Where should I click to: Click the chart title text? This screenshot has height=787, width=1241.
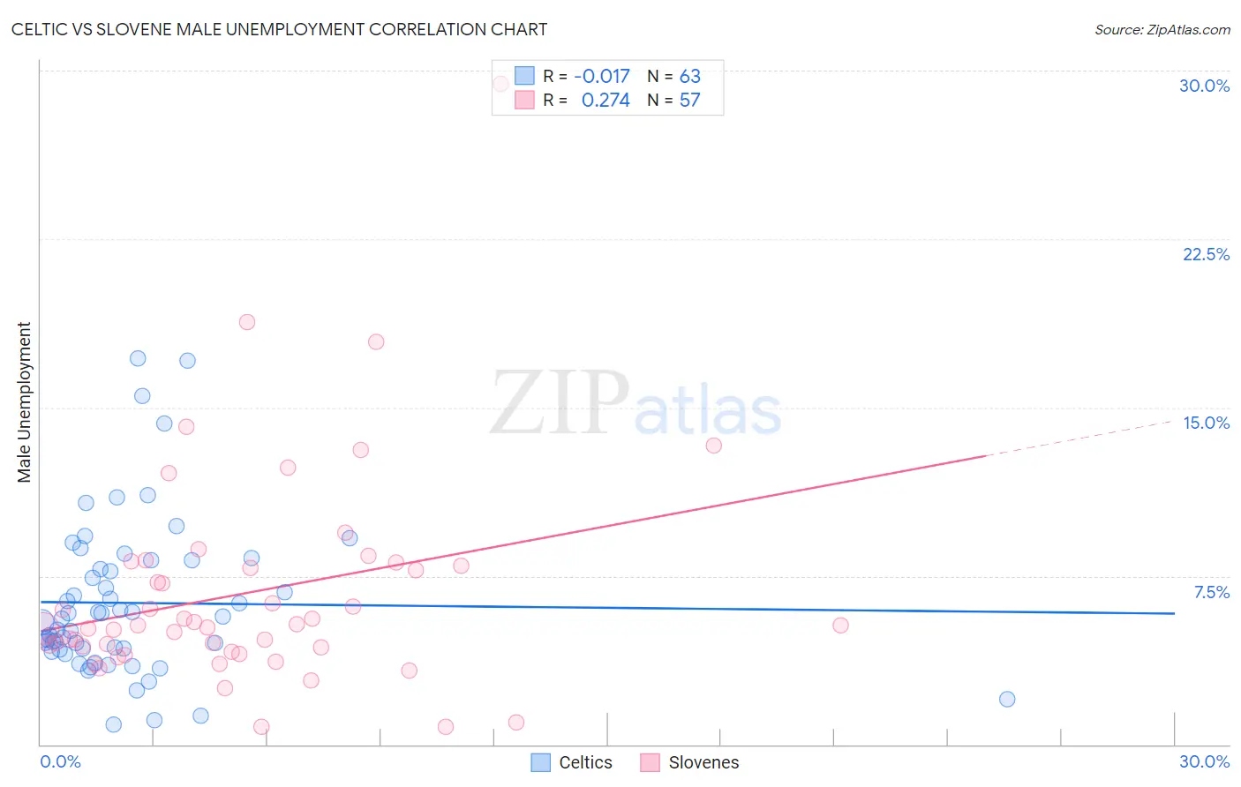279,29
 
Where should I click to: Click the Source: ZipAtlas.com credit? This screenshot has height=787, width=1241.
1162,29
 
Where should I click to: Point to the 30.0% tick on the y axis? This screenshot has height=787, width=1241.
1204,86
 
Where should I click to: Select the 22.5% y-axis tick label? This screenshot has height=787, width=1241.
1206,254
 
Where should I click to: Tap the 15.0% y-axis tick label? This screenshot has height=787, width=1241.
1206,423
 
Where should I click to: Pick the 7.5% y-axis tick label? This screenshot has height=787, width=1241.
1211,592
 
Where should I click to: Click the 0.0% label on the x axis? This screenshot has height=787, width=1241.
60,761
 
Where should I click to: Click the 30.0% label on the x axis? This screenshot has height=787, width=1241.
1204,761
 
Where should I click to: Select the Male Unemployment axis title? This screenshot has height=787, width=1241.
24,401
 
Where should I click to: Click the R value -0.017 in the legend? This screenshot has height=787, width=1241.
601,76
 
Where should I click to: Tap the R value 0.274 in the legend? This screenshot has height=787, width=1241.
605,100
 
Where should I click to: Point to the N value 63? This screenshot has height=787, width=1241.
689,76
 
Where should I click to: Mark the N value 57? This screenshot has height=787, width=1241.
689,100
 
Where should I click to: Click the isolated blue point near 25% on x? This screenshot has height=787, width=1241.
1007,700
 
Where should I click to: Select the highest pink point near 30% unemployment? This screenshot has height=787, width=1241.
500,84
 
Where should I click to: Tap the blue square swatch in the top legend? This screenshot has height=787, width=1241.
524,76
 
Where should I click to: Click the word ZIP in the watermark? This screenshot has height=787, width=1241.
559,403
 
